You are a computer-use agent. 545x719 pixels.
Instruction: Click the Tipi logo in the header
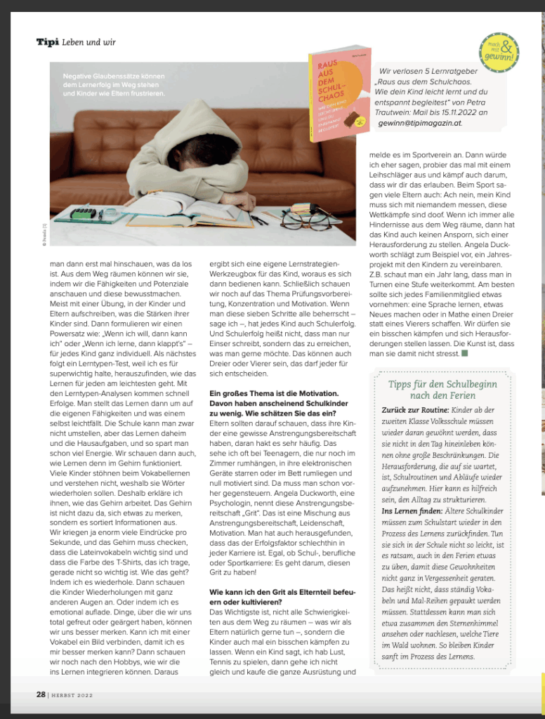[48, 42]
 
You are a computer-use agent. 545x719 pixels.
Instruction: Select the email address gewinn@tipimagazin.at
[420, 122]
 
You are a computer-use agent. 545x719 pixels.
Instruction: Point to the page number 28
[41, 694]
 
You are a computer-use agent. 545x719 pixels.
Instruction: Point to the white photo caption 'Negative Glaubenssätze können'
[114, 75]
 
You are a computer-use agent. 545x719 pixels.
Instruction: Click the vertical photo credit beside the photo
[44, 229]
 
